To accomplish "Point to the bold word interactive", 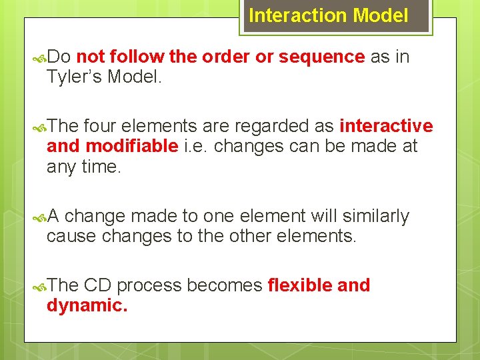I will point(386,127).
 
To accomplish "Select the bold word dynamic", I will point(87,306).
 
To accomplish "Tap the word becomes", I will point(225,286).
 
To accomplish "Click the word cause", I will point(70,237).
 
